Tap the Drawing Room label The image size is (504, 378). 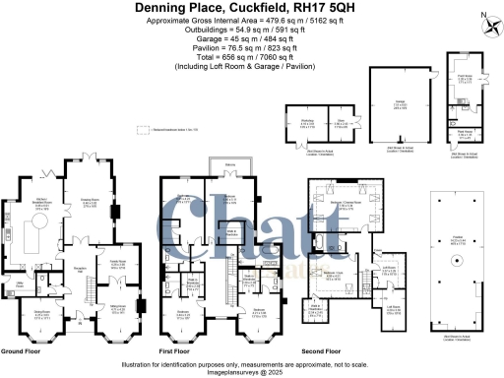(x=91, y=205)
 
